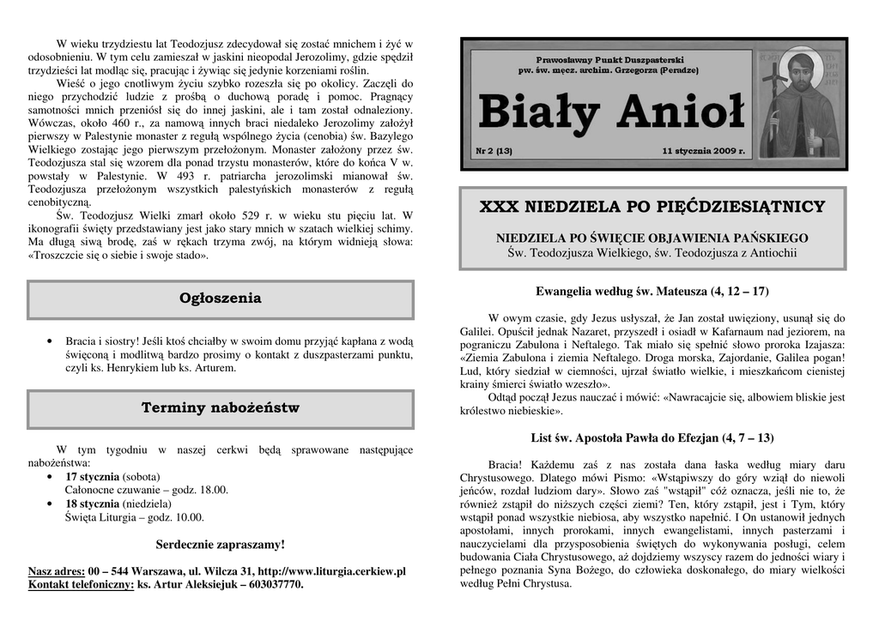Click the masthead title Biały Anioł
610,112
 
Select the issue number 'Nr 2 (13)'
494,151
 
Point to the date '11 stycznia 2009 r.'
704,151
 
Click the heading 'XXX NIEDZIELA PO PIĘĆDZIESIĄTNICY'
652,207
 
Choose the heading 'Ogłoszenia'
221,298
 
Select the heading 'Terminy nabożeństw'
221,407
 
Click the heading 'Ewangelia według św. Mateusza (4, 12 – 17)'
652,292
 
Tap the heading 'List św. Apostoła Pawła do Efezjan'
652,438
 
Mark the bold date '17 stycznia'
93,476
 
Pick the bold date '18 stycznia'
93,503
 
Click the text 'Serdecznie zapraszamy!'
221,545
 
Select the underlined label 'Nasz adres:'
57,571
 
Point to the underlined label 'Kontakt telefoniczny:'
82,585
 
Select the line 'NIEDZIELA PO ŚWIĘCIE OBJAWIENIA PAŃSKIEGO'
652,238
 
